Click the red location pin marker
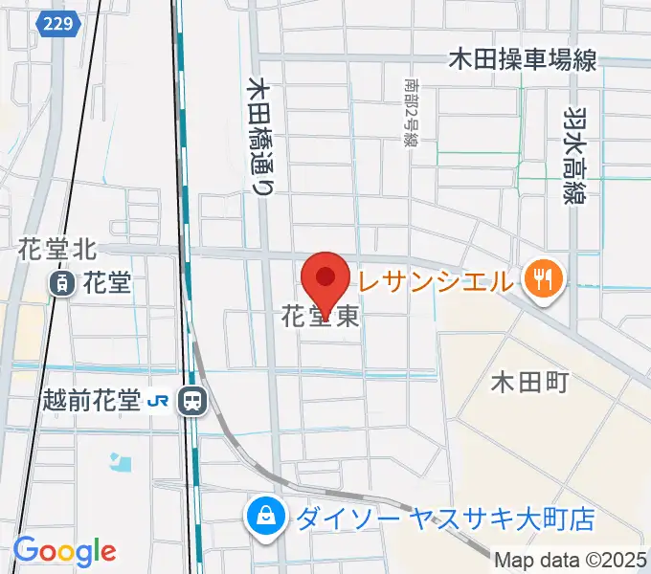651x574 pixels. coord(325,280)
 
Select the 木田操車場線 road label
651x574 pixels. coord(523,60)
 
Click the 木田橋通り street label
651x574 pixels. coord(258,137)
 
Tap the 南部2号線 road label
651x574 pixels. coord(411,110)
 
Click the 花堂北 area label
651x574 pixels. coord(56,250)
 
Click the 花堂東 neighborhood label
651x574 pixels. coord(321,316)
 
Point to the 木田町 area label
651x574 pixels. coord(529,383)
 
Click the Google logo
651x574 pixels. coord(64,550)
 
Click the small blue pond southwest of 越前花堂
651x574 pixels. coord(121,464)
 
